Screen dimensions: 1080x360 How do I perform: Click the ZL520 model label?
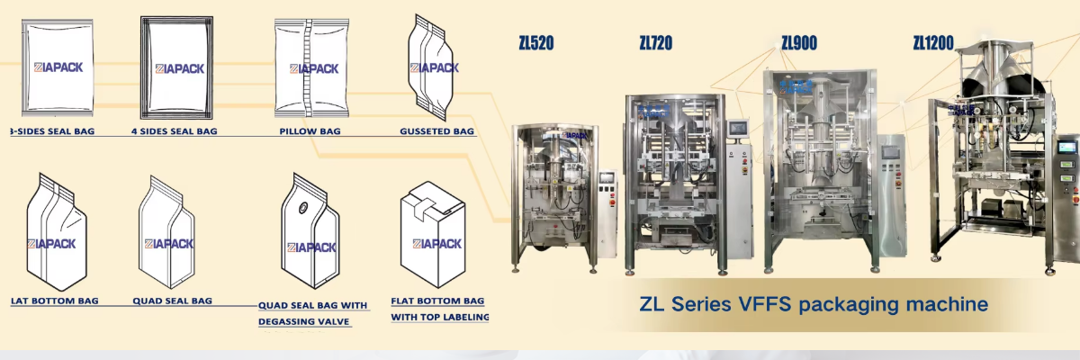coord(536,42)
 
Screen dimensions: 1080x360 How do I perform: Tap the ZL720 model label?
coord(655,42)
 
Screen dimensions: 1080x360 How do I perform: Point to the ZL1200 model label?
coord(933,42)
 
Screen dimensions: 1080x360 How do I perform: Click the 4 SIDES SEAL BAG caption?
coord(174,131)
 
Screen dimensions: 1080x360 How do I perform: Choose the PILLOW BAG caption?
coord(310,131)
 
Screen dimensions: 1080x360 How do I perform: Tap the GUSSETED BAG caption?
coord(436,131)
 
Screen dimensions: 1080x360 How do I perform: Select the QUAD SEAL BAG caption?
coord(172,301)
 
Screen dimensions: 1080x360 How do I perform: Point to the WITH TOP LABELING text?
coord(440,317)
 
